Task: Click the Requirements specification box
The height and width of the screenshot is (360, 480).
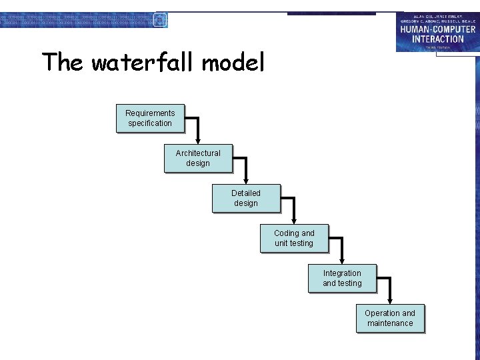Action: click(150, 119)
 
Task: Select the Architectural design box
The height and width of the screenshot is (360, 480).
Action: click(198, 159)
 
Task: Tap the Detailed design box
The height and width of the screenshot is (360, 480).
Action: click(246, 199)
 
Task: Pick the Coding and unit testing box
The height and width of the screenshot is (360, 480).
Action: click(294, 239)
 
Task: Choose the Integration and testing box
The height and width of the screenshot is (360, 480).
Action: click(342, 279)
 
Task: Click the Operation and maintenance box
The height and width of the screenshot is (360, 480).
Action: click(390, 319)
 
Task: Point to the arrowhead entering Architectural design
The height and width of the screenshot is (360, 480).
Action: click(199, 141)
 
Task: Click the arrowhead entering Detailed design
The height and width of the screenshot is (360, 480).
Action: click(247, 181)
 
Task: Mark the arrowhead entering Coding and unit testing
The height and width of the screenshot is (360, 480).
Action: click(295, 221)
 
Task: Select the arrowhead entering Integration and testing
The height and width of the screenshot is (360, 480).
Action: click(343, 261)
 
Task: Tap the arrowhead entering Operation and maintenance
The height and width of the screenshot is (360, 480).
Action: click(391, 301)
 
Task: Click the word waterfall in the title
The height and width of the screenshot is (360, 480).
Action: click(143, 63)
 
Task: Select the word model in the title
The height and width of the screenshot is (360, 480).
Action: click(233, 63)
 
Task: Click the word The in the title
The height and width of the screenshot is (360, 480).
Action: click(63, 63)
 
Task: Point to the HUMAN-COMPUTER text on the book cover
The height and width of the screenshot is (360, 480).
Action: click(438, 29)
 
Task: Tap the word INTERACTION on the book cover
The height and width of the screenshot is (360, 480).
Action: click(438, 39)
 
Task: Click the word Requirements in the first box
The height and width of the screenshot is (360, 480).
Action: click(150, 113)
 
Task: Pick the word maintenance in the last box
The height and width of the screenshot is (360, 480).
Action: click(390, 323)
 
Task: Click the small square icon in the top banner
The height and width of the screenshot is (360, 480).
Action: click(160, 20)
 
